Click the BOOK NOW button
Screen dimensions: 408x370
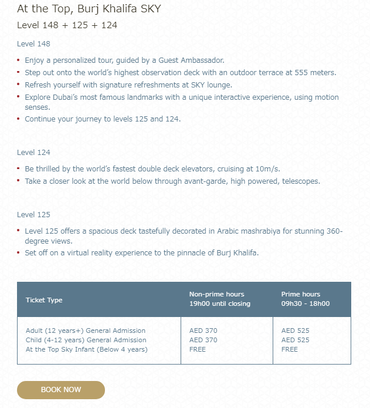coord(61,390)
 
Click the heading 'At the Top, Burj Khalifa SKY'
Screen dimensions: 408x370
coord(89,9)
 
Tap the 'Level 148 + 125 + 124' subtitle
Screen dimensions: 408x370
coord(67,25)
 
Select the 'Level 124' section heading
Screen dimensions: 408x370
coord(33,152)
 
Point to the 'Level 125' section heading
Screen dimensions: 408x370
coord(33,214)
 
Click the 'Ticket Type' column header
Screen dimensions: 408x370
coord(44,300)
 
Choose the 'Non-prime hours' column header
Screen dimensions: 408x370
coord(216,294)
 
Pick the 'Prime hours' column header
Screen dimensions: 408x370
coord(301,294)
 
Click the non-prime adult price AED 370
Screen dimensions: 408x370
coord(203,331)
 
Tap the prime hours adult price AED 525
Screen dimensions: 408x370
coord(296,331)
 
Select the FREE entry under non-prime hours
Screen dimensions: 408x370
coord(198,349)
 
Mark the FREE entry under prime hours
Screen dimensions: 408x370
coord(290,349)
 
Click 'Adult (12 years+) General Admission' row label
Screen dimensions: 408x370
coord(86,331)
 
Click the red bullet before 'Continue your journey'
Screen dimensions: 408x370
coord(19,119)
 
